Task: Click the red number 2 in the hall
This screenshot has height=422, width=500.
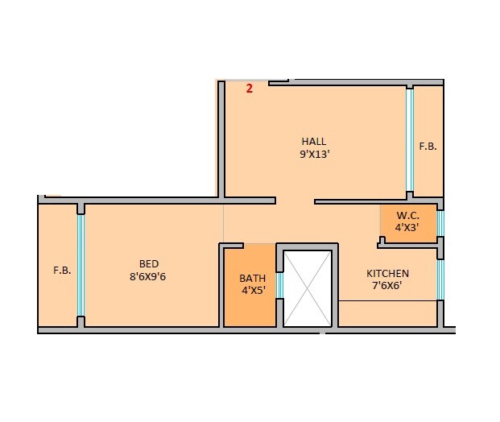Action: pyautogui.click(x=250, y=89)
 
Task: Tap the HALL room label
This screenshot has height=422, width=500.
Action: pyautogui.click(x=314, y=142)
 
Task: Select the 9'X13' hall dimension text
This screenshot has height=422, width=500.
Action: pyautogui.click(x=314, y=155)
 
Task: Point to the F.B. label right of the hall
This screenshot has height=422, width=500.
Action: pyautogui.click(x=428, y=147)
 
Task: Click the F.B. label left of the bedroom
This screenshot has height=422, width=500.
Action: pyautogui.click(x=62, y=271)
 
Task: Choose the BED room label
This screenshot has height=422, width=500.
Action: pyautogui.click(x=149, y=263)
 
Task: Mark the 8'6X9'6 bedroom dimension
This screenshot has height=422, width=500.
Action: pyautogui.click(x=148, y=276)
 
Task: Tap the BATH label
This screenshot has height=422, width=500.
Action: pyautogui.click(x=252, y=279)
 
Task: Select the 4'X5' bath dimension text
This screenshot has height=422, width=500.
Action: pyautogui.click(x=252, y=292)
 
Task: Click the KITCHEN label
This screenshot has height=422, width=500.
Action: pyautogui.click(x=388, y=273)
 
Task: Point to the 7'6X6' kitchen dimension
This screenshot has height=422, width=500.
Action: pyautogui.click(x=388, y=286)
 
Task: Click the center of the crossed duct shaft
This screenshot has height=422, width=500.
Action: pyautogui.click(x=308, y=288)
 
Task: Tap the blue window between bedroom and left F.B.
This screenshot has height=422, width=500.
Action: pyautogui.click(x=81, y=266)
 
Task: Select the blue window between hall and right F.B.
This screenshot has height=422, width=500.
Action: pyautogui.click(x=409, y=140)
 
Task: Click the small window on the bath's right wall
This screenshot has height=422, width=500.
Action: pyautogui.click(x=279, y=285)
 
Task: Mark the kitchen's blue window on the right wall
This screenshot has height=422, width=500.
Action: pyautogui.click(x=440, y=279)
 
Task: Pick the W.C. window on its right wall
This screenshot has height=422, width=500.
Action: pyautogui.click(x=440, y=223)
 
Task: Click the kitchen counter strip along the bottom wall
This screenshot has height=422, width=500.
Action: pyautogui.click(x=388, y=313)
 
